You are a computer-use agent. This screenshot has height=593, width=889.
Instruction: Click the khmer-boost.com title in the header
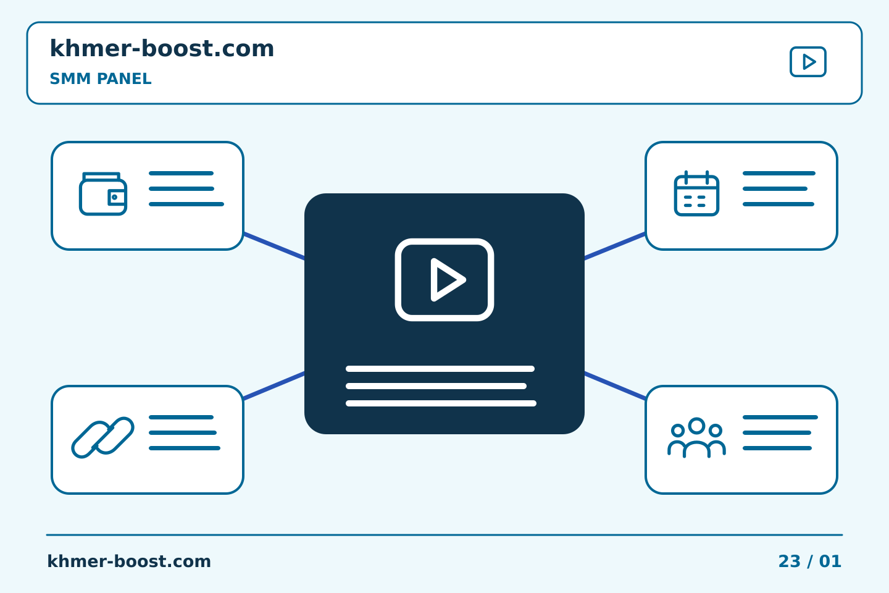[162, 48]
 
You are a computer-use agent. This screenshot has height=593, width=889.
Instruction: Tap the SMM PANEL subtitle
[101, 78]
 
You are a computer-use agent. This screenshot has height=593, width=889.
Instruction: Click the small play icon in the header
[808, 62]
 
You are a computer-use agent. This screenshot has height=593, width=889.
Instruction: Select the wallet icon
[103, 194]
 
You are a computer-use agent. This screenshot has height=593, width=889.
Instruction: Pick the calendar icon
[696, 193]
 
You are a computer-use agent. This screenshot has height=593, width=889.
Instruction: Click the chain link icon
[102, 437]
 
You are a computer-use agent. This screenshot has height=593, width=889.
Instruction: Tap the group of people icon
[696, 437]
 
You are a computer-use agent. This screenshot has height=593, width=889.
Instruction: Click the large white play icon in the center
[444, 280]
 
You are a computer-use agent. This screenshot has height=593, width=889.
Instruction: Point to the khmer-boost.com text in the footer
[129, 561]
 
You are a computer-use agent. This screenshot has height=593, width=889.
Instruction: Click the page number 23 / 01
[809, 561]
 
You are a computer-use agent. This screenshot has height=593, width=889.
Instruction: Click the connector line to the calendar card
[615, 246]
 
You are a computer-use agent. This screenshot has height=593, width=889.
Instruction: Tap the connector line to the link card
[274, 385]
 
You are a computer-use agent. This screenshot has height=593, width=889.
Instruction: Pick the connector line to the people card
[615, 385]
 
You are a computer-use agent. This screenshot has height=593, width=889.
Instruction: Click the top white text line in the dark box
[440, 369]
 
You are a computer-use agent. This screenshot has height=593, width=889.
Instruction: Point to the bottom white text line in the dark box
[441, 403]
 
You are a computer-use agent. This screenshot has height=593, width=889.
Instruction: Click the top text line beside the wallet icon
[181, 173]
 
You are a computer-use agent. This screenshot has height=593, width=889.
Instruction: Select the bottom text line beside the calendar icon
[778, 204]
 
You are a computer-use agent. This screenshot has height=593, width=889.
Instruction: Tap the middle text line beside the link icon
[183, 432]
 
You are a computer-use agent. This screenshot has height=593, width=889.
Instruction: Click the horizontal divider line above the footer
[444, 535]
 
